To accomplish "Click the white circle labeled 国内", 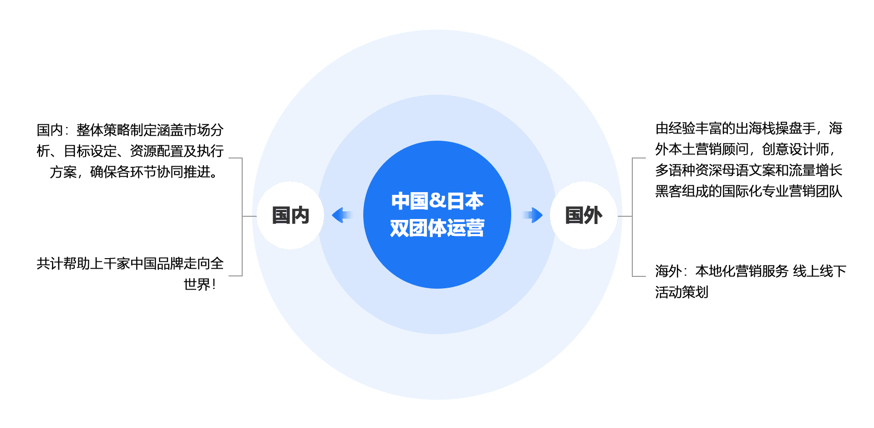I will [290, 215].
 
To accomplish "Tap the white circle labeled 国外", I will [584, 215].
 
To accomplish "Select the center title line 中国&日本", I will [437, 201].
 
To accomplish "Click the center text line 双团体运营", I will [437, 228].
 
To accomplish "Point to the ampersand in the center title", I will [437, 201].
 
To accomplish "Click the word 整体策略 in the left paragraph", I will [103, 130].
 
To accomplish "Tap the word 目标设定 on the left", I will [90, 151].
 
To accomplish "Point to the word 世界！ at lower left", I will [200, 285].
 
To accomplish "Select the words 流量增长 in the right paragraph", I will [816, 170].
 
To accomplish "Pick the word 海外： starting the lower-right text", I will [671, 271].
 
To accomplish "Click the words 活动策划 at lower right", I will [682, 292].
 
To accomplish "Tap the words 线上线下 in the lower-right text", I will [819, 271].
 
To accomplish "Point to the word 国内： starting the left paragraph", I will [52, 130].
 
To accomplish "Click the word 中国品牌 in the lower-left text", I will [157, 264].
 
